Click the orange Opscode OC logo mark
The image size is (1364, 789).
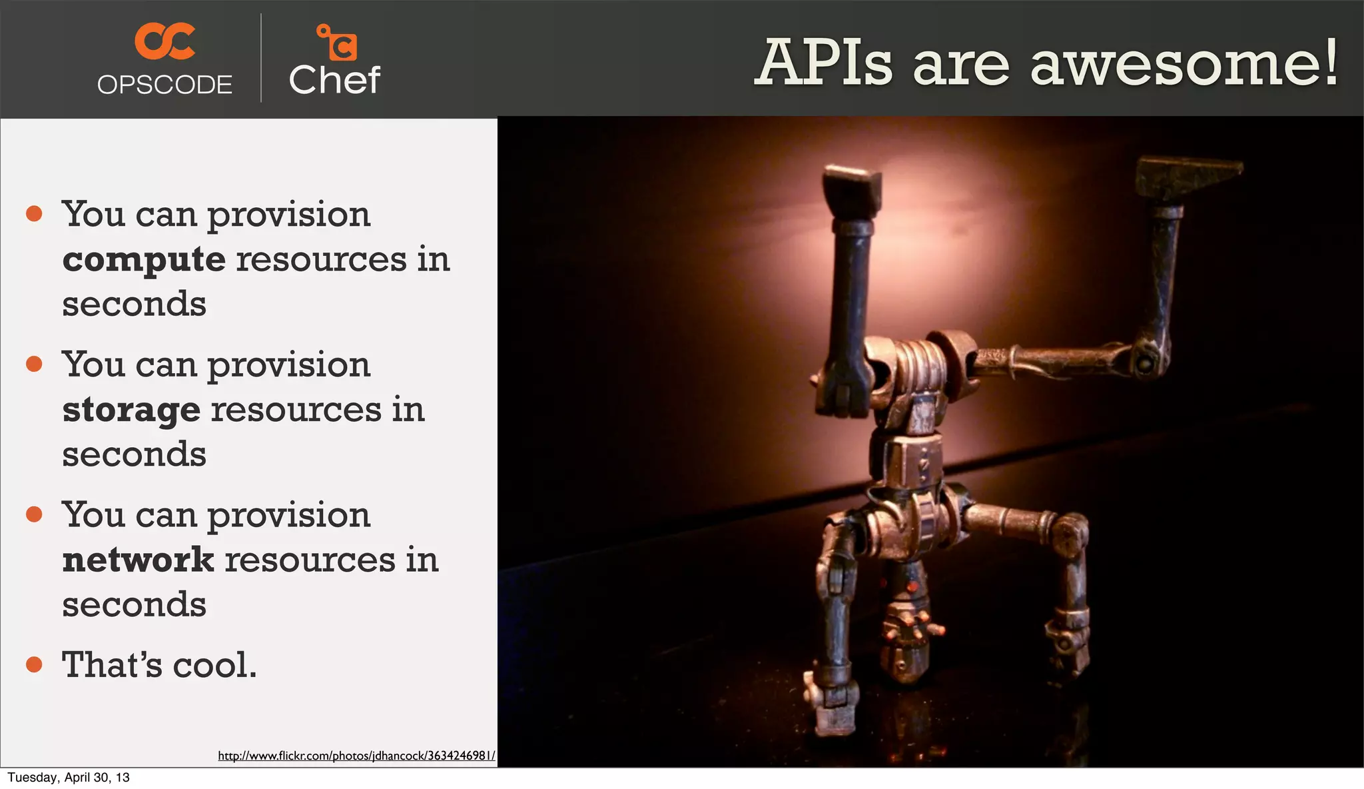(165, 41)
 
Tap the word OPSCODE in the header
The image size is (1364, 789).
(165, 85)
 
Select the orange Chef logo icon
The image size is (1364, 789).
(337, 43)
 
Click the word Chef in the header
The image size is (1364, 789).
(334, 81)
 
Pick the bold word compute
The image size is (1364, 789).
(144, 259)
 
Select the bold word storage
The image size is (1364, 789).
(131, 410)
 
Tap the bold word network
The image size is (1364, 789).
(138, 560)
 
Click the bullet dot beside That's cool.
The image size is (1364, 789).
(34, 664)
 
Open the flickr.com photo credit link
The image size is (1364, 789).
(356, 756)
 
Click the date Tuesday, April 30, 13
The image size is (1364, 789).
(69, 777)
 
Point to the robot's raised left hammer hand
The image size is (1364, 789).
(852, 191)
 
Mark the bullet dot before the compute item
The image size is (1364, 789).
(34, 214)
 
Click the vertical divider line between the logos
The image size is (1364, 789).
(260, 59)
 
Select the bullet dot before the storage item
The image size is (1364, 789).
(34, 364)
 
